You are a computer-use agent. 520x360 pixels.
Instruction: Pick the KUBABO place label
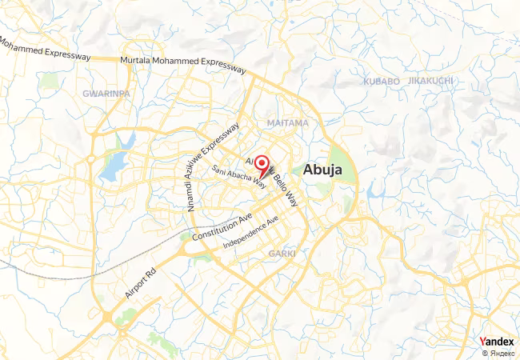pyautogui.click(x=380, y=82)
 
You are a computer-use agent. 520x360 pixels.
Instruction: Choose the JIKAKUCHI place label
pyautogui.click(x=431, y=82)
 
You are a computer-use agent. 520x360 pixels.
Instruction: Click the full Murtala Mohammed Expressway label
pyautogui.click(x=182, y=64)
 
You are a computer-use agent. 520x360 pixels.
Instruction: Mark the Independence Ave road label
pyautogui.click(x=250, y=232)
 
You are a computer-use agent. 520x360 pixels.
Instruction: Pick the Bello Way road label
pyautogui.click(x=282, y=187)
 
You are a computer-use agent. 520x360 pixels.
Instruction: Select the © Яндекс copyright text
pyautogui.click(x=498, y=353)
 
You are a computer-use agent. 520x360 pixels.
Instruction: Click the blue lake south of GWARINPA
pyautogui.click(x=114, y=166)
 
